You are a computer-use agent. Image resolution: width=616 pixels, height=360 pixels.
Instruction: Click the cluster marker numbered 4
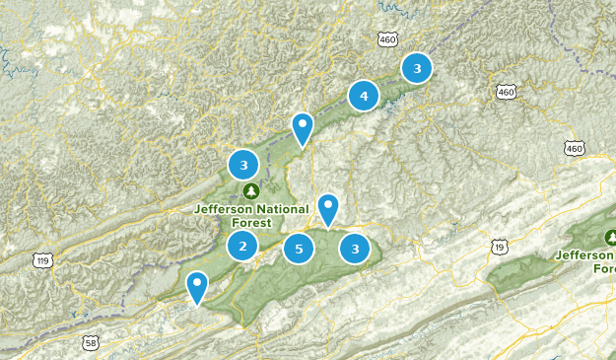(364, 96)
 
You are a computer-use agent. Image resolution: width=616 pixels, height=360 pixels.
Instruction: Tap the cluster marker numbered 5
(299, 249)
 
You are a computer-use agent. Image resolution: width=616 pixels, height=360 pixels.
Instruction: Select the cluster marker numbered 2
(242, 246)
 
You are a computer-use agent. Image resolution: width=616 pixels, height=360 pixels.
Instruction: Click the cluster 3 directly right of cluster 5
(355, 249)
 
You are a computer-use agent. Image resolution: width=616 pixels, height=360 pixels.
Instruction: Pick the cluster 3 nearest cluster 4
(417, 68)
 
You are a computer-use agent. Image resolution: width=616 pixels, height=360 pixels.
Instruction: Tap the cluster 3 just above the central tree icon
(242, 165)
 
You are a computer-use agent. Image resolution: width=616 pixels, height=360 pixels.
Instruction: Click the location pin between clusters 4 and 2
(303, 127)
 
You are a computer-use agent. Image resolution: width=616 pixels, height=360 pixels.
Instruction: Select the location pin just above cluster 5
(327, 208)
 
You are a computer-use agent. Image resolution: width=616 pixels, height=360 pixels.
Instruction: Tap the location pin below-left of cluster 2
(198, 286)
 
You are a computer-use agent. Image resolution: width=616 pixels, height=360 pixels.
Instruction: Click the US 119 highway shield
(40, 260)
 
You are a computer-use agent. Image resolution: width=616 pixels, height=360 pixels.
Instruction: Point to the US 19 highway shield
(501, 247)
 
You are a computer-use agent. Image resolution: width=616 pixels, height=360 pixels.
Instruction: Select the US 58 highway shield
(92, 343)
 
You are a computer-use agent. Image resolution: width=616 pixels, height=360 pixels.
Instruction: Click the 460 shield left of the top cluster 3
(386, 38)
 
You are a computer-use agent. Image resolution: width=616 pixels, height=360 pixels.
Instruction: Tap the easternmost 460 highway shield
(575, 148)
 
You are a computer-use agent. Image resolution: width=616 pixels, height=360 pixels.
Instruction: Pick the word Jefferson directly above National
(225, 209)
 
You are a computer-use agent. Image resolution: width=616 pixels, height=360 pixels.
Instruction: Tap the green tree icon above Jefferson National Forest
(250, 190)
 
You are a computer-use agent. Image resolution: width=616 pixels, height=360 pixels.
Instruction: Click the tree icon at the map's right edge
(610, 238)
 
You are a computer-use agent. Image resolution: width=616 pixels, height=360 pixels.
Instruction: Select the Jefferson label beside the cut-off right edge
(585, 254)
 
